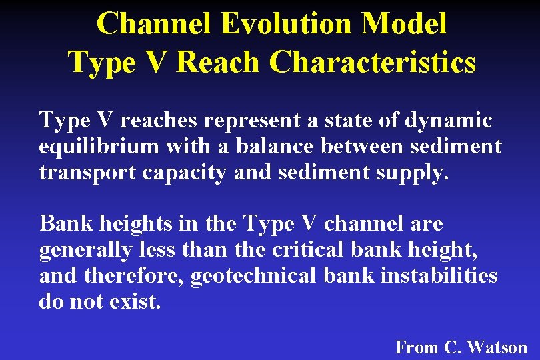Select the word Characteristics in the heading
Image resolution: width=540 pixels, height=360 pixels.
pyautogui.click(x=373, y=63)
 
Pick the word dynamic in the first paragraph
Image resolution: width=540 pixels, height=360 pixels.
pyautogui.click(x=449, y=121)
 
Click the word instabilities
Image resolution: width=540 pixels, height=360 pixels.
pyautogui.click(x=439, y=275)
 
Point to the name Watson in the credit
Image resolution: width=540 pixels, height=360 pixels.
pyautogui.click(x=497, y=347)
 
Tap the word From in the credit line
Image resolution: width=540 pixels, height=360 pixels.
pyautogui.click(x=415, y=347)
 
